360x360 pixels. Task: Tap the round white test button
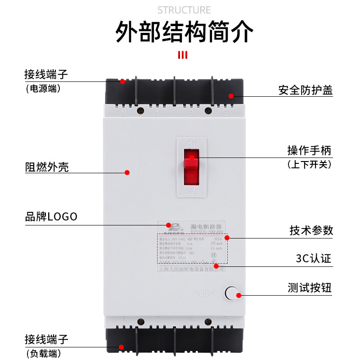[231, 293]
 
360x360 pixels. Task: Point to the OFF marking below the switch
[191, 191]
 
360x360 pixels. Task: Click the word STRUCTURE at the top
[184, 10]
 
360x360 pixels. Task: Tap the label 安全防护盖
[305, 90]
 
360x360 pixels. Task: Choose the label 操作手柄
[309, 150]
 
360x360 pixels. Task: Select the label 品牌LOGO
[51, 216]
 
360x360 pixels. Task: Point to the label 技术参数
[311, 230]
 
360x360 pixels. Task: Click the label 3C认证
[313, 259]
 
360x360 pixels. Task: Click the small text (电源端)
[43, 89]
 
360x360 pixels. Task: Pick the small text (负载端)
[43, 353]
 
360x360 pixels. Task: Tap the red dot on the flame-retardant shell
[127, 172]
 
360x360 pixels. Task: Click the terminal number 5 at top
[225, 113]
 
